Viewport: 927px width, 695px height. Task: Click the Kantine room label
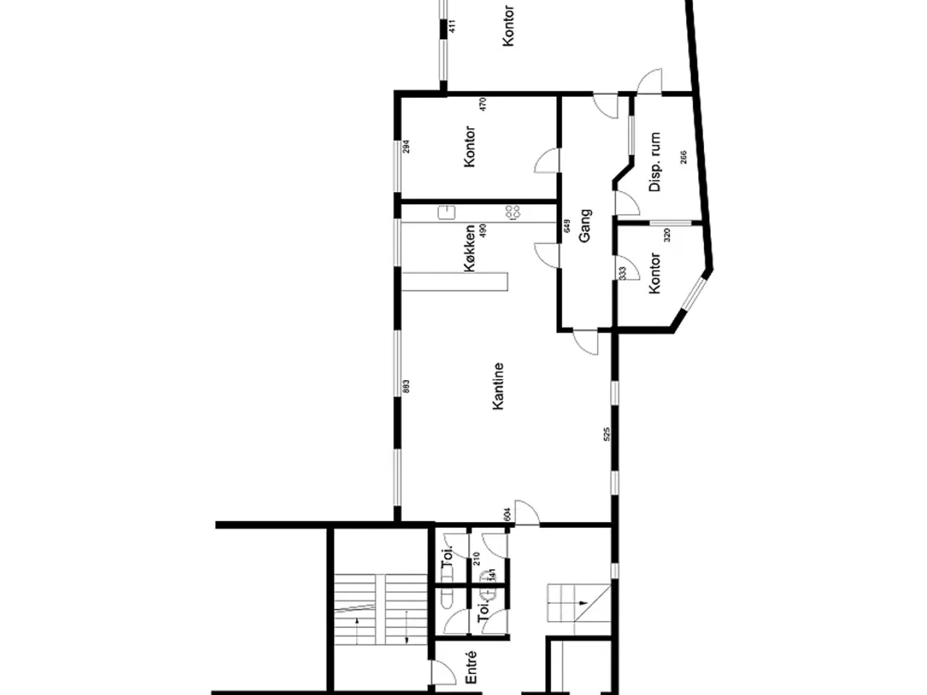click(x=498, y=387)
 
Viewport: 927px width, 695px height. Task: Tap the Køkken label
click(x=470, y=248)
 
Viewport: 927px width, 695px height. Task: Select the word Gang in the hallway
click(x=585, y=225)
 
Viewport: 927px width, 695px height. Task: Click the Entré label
click(x=470, y=667)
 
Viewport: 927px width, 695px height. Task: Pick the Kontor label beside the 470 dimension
click(x=470, y=147)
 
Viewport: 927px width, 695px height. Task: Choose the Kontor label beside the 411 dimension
click(x=508, y=27)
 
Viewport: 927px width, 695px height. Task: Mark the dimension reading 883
click(x=406, y=388)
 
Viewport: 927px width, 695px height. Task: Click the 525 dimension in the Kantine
click(x=607, y=434)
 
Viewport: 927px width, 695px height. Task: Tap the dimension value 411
click(x=453, y=28)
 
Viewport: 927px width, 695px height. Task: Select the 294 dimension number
click(x=406, y=146)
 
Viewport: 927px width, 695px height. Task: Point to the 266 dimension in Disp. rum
click(x=683, y=157)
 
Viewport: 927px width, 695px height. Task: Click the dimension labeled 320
click(x=667, y=235)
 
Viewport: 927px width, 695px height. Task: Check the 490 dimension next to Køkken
click(x=483, y=231)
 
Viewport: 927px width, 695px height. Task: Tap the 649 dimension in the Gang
click(x=567, y=226)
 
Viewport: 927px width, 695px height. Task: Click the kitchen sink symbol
click(x=446, y=212)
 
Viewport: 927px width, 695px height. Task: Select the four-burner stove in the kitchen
click(x=513, y=212)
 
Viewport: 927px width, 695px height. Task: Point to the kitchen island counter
click(x=456, y=281)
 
